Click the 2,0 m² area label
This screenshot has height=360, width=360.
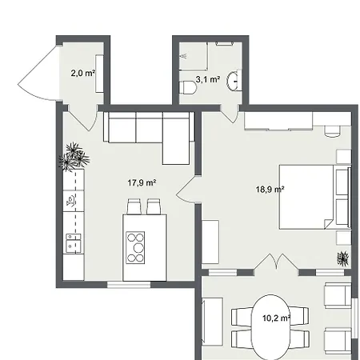(83, 73)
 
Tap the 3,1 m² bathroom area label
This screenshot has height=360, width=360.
(208, 79)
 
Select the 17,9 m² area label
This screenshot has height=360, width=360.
(142, 182)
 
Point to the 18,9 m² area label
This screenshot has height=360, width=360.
(270, 190)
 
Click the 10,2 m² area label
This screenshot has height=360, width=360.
(277, 318)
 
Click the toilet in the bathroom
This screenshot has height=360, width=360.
(187, 87)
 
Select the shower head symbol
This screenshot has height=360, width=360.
(183, 56)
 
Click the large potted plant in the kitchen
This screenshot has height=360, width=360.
(74, 157)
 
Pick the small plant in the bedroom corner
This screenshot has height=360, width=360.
(343, 258)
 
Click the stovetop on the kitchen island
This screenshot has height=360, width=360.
(135, 248)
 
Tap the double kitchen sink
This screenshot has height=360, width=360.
(74, 243)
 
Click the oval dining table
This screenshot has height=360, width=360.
(270, 327)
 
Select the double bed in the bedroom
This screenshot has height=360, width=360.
(314, 197)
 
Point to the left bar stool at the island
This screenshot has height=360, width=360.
(134, 206)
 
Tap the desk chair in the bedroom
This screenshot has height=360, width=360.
(332, 131)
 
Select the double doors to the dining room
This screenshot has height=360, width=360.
(276, 262)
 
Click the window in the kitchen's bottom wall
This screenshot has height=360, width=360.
(129, 285)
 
